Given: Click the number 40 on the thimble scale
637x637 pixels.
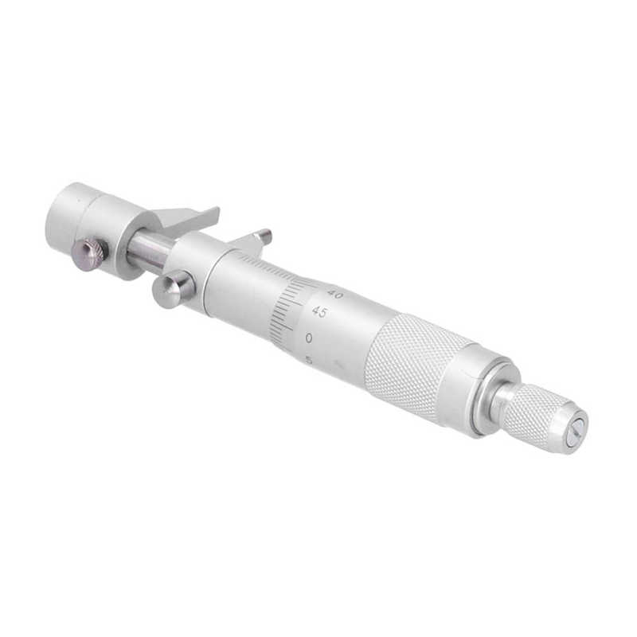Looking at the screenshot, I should click(335, 295).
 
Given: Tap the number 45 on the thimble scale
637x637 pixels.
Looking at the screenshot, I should click(319, 312).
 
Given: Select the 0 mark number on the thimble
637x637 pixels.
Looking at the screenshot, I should click(308, 338).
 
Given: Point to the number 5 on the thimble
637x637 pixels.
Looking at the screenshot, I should click(308, 359).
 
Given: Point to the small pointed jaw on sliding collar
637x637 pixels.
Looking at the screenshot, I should click(256, 238).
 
